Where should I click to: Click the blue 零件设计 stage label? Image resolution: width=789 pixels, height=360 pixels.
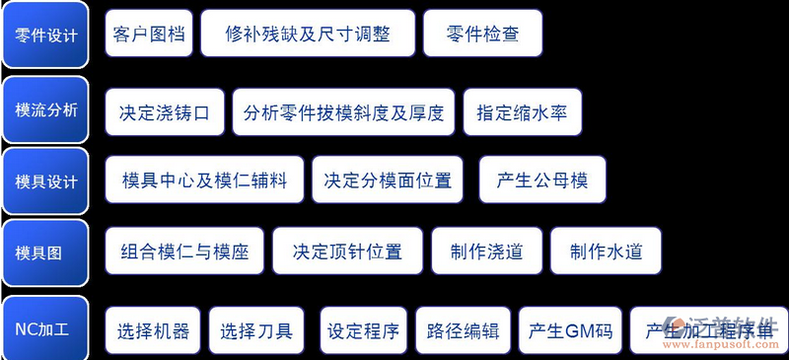(46, 36)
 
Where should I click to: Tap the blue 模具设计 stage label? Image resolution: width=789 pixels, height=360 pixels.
(46, 181)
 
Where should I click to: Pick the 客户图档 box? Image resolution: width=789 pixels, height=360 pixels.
(148, 36)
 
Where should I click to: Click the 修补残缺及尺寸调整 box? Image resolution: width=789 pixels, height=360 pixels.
(307, 36)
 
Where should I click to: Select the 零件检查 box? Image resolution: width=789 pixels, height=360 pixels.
(482, 36)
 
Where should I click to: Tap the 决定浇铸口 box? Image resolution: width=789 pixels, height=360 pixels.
(165, 111)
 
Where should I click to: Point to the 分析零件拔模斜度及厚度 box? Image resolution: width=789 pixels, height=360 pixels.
(343, 111)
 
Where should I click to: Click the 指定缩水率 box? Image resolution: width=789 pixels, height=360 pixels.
(522, 111)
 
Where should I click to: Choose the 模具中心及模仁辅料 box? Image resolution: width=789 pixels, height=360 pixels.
(204, 180)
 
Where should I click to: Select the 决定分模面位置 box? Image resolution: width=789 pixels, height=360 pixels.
(388, 180)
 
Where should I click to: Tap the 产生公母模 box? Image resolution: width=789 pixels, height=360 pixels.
(542, 180)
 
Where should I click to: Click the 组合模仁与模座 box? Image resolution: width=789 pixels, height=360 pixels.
(184, 252)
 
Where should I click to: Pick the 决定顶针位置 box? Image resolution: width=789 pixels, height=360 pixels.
(347, 252)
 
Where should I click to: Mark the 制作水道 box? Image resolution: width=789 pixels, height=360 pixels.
(606, 252)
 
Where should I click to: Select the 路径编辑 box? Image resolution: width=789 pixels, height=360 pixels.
(463, 330)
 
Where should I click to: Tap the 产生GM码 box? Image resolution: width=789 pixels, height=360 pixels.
(571, 330)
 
